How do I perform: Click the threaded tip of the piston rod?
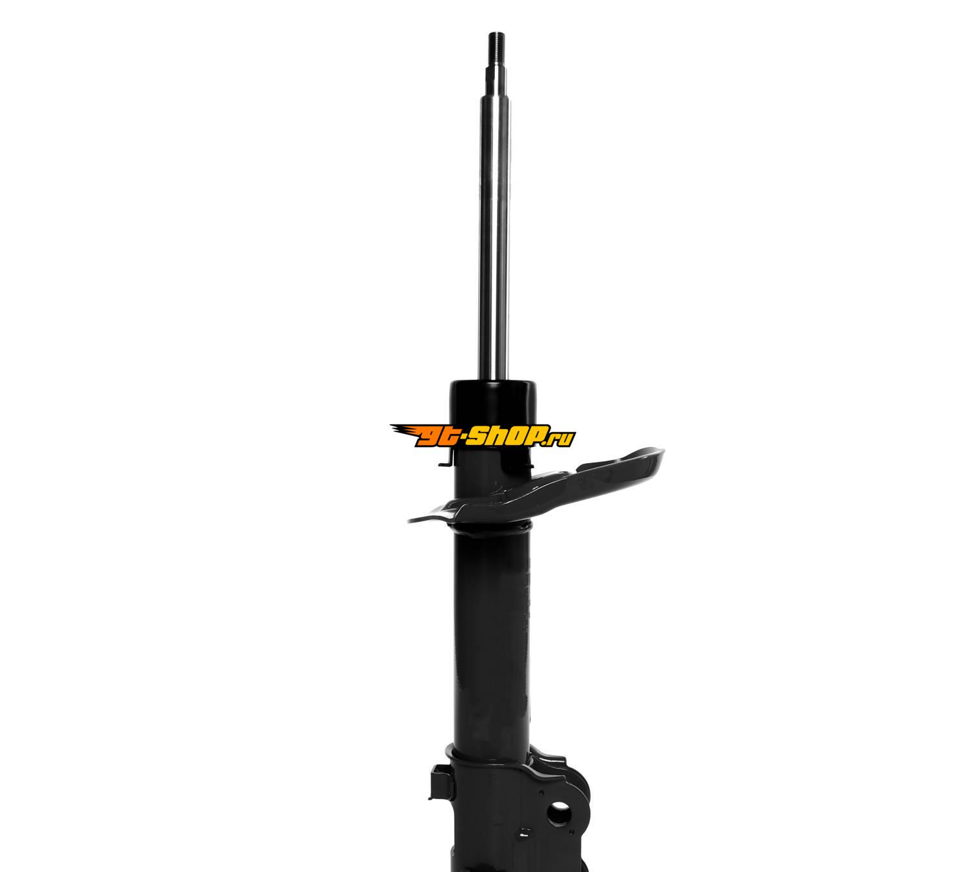click(496, 49)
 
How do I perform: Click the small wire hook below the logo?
click(445, 459)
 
